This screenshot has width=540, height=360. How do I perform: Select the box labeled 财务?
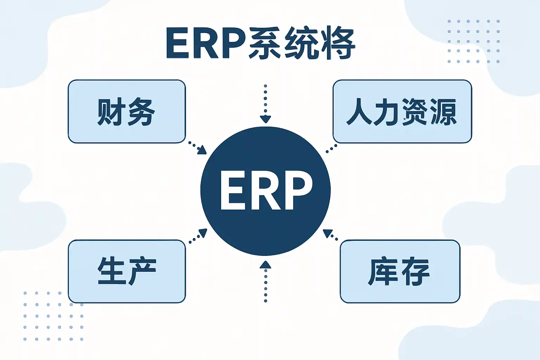tap(127, 111)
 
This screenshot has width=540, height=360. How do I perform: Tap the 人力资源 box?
tap(402, 111)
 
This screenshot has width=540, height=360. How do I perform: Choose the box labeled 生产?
tap(127, 271)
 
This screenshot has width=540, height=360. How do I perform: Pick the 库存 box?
tap(400, 271)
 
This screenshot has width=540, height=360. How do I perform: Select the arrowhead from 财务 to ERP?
tap(202, 150)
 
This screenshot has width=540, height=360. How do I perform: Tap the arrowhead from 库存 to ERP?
tap(328, 233)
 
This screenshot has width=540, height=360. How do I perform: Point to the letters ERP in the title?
tap(206, 44)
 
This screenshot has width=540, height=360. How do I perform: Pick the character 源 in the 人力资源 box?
tap(444, 112)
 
